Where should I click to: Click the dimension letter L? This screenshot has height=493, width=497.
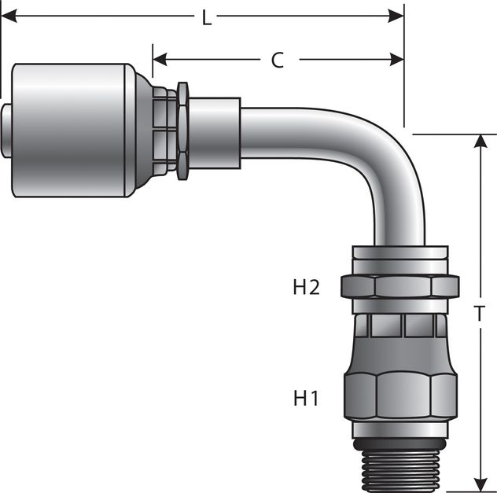click(x=207, y=18)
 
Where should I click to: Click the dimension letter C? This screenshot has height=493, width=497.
click(x=278, y=61)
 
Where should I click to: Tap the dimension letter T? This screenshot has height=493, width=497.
click(x=479, y=314)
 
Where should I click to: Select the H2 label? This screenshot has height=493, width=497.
click(x=306, y=288)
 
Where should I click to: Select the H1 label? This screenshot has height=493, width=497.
click(x=306, y=399)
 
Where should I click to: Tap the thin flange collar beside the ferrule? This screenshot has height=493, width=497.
click(x=182, y=130)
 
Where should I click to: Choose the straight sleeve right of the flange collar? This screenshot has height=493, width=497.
click(x=214, y=130)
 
